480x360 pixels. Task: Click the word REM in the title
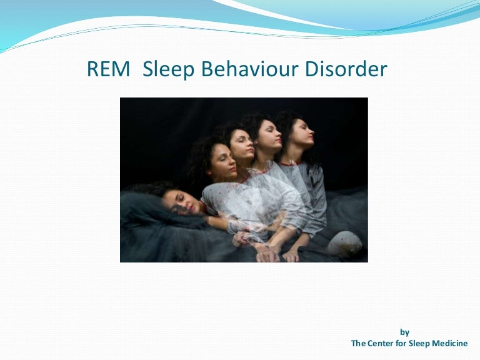pyautogui.click(x=109, y=69)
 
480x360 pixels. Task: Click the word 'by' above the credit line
pyautogui.click(x=404, y=332)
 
